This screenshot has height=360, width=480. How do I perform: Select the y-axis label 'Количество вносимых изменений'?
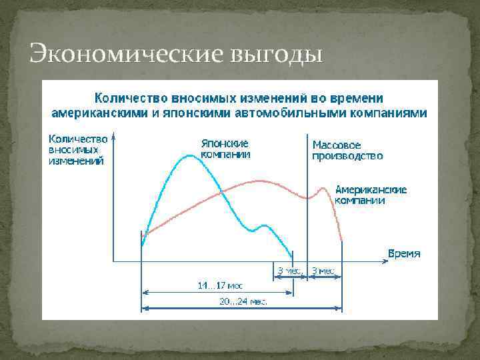(x=78, y=150)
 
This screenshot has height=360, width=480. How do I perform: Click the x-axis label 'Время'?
(x=404, y=253)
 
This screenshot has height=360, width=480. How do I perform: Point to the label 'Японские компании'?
(x=225, y=149)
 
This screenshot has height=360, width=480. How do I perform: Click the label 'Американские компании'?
(x=370, y=195)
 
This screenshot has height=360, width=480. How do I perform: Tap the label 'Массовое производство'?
(x=347, y=150)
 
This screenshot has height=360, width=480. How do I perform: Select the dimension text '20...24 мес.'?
(x=243, y=301)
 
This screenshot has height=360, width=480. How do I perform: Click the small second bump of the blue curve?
(x=266, y=225)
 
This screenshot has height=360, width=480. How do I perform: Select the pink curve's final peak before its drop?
(x=325, y=189)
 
